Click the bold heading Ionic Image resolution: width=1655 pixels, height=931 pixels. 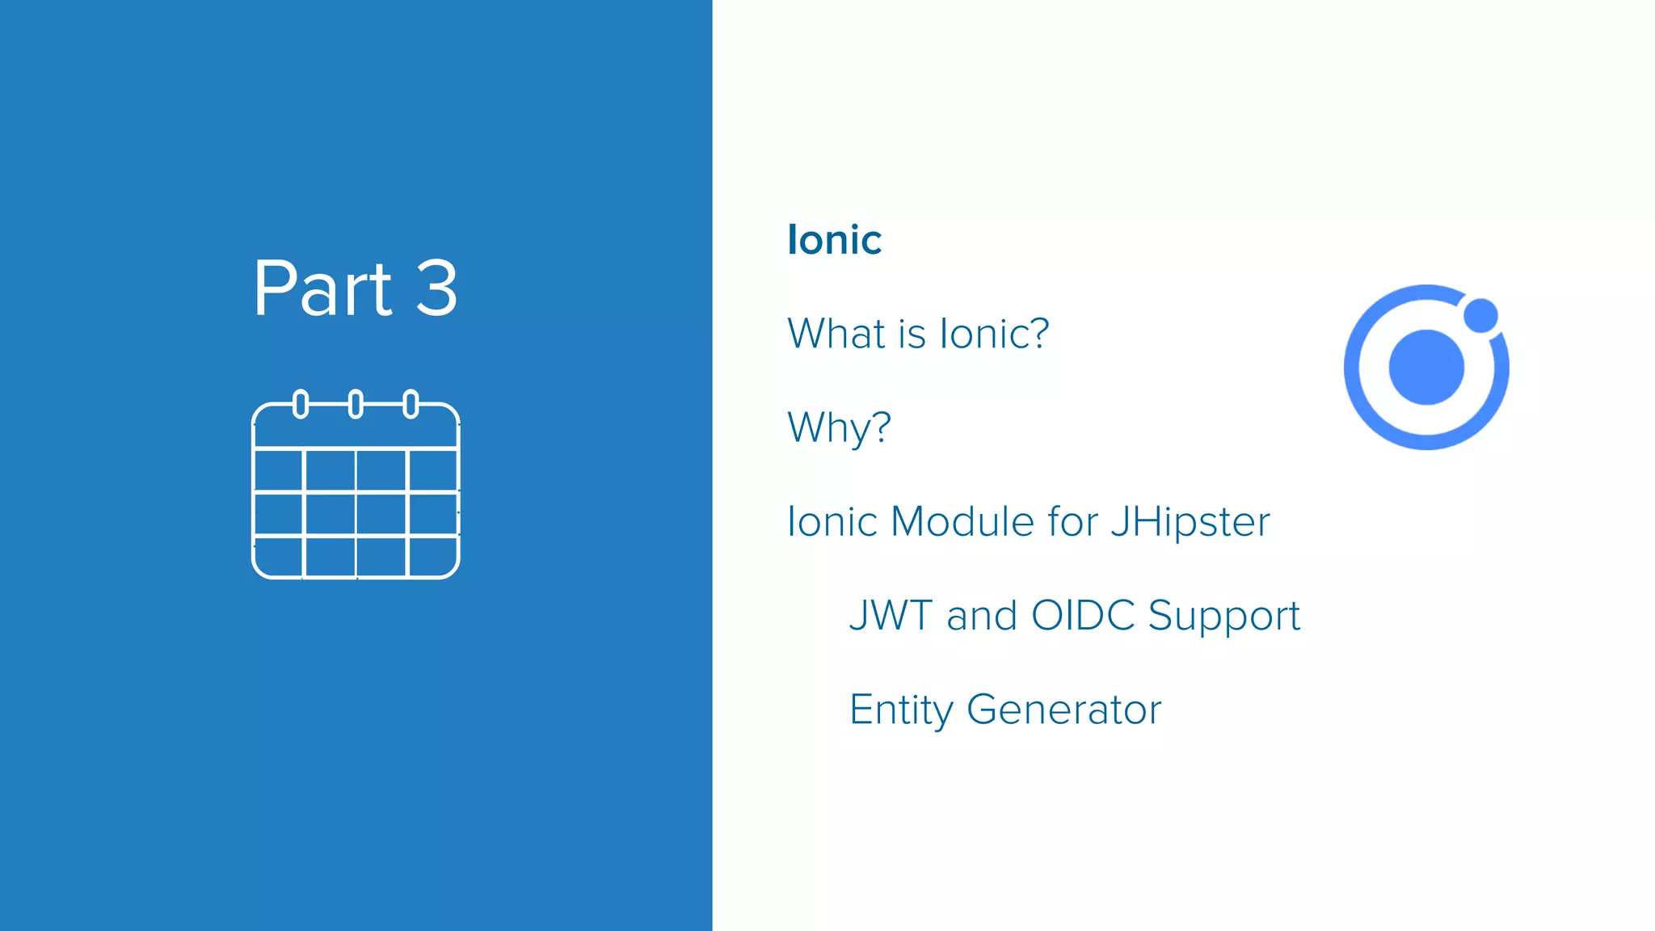coord(834,240)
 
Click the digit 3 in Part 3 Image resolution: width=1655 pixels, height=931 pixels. coord(436,289)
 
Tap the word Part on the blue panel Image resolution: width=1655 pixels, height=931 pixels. coord(322,289)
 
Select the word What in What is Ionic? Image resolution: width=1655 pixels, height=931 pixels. coord(836,334)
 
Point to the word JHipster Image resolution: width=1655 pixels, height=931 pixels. coord(1190,522)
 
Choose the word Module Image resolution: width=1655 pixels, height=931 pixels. coord(962,521)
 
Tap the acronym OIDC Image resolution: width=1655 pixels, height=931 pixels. coord(1083,616)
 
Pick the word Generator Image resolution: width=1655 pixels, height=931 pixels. coord(1063,710)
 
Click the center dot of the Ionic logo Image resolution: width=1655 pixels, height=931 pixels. coord(1426,367)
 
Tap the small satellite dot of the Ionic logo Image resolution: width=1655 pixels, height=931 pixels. coord(1480,315)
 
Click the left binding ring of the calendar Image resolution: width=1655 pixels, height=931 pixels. coord(301,403)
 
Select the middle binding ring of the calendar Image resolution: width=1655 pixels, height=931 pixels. coord(356,403)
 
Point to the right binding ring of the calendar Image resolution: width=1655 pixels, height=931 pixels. coord(411,403)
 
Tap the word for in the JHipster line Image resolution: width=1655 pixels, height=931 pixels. coord(1072,521)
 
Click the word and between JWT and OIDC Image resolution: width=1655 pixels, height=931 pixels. coord(981,616)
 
